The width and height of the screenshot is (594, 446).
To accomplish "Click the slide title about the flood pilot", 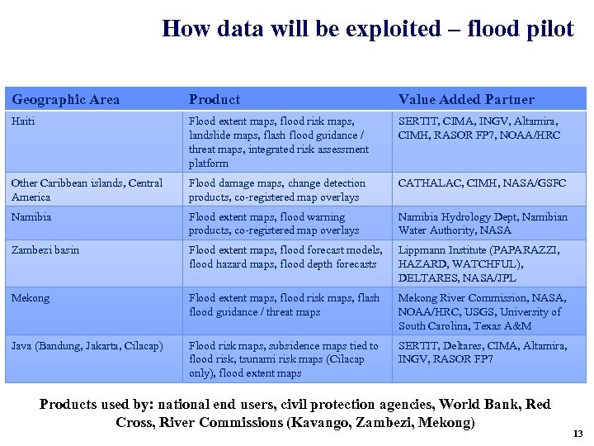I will coord(367,29).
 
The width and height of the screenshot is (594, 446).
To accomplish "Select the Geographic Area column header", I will coord(66,100).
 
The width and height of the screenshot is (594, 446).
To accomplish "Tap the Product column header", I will coord(214,100).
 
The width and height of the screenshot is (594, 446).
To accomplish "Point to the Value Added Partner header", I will coord(466,100).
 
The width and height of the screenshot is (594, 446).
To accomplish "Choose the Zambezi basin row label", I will coord(45,250).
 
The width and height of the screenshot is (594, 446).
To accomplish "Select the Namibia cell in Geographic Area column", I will coord(31,216).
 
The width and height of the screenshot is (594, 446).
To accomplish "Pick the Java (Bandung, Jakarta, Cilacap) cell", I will coord(87,346).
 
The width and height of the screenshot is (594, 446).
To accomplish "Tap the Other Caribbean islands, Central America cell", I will coord(87,190).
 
